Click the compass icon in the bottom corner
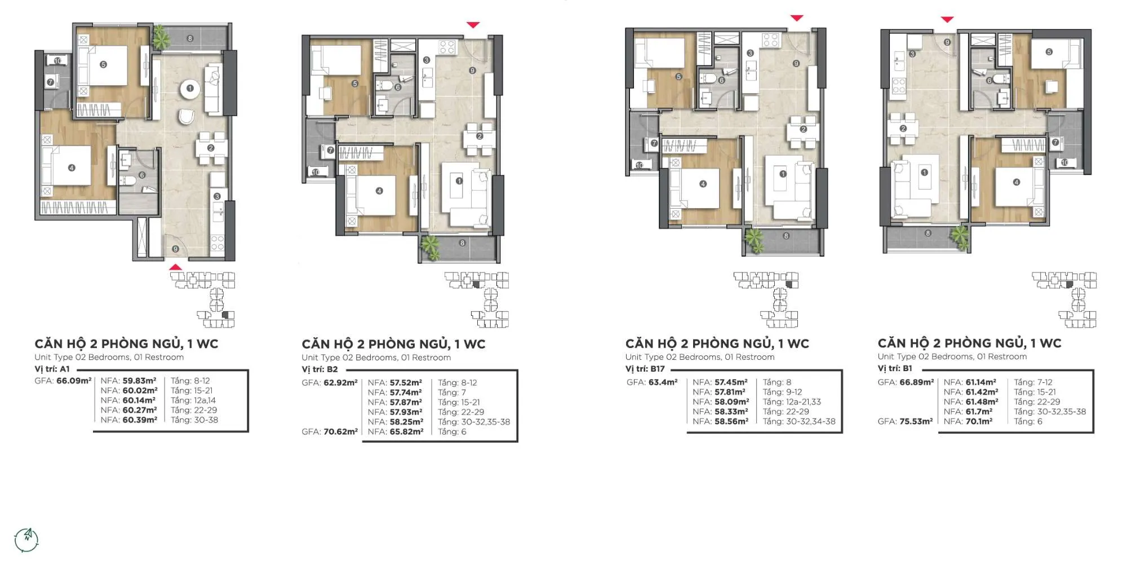[26, 540]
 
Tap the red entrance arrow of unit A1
[176, 267]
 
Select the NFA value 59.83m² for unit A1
[139, 381]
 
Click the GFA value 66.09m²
[74, 381]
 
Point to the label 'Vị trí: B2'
[320, 369]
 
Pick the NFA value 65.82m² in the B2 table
[406, 432]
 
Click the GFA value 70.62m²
[340, 432]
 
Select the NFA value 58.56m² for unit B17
[731, 422]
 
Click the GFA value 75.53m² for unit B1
[917, 421]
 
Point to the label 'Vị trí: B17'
[645, 369]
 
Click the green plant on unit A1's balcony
[161, 37]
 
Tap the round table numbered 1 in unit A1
[190, 89]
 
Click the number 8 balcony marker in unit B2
[462, 243]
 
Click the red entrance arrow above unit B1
[947, 20]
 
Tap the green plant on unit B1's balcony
[960, 237]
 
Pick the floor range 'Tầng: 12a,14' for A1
[193, 400]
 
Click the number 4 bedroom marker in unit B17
[703, 184]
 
